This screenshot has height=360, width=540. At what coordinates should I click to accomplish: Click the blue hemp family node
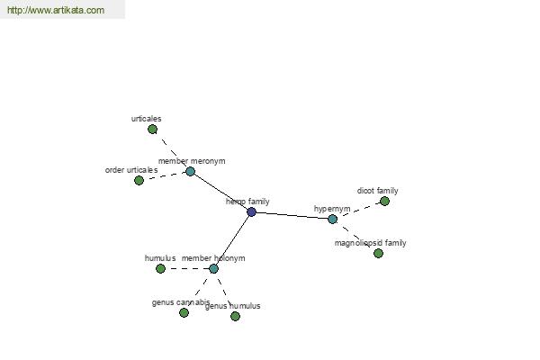252,211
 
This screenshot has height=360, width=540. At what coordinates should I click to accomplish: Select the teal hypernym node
332,219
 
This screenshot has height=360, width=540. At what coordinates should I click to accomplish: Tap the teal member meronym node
191,171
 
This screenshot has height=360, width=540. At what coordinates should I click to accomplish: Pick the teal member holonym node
213,269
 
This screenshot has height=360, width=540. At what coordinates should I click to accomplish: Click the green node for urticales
153,130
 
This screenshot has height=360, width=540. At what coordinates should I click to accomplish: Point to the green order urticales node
139,180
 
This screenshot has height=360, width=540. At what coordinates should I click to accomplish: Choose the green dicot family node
384,202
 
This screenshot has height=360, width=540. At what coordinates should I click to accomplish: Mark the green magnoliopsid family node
378,254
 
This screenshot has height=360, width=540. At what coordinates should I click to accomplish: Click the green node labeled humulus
160,269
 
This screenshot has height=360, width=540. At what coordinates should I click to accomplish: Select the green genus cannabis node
184,313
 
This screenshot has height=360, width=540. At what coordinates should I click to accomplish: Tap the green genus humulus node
235,316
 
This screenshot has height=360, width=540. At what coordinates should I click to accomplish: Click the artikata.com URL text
56,10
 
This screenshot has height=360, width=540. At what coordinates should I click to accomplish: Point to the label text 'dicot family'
377,191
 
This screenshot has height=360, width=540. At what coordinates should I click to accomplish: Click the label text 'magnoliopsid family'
370,243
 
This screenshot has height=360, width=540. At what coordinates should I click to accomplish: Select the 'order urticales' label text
131,170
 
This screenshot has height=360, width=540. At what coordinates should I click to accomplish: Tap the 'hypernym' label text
332,209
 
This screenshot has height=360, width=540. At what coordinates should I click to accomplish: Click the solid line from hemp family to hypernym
292,215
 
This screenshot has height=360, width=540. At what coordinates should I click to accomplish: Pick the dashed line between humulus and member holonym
187,269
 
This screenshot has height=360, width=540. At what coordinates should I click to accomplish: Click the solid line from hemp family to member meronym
221,192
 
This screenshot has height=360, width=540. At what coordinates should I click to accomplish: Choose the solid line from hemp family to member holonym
232,240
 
